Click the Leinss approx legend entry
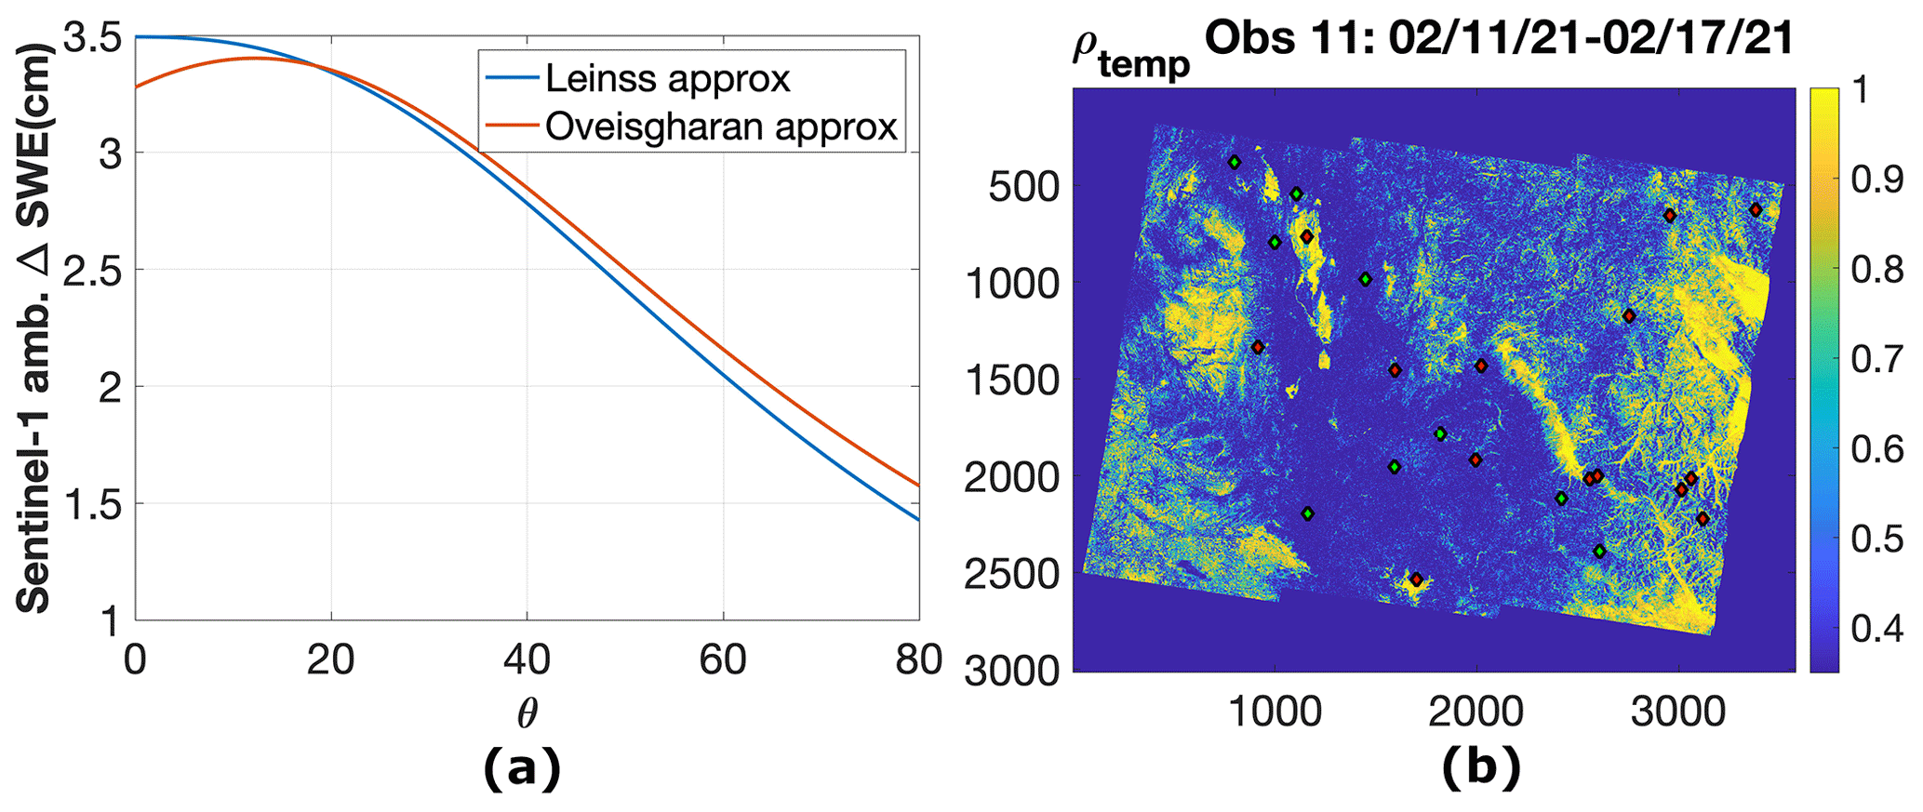[666, 79]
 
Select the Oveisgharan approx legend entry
[720, 126]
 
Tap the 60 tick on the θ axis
[723, 659]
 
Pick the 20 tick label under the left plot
[331, 659]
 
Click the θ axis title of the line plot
[527, 712]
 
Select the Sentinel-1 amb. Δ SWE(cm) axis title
[34, 326]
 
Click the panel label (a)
[522, 768]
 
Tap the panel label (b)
[1481, 768]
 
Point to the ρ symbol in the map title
[1086, 45]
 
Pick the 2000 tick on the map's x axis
[1476, 712]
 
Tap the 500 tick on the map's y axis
[1022, 186]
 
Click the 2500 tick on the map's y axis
[1011, 575]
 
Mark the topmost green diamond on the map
[1235, 163]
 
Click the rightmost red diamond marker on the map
[1756, 210]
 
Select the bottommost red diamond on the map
[1416, 579]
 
